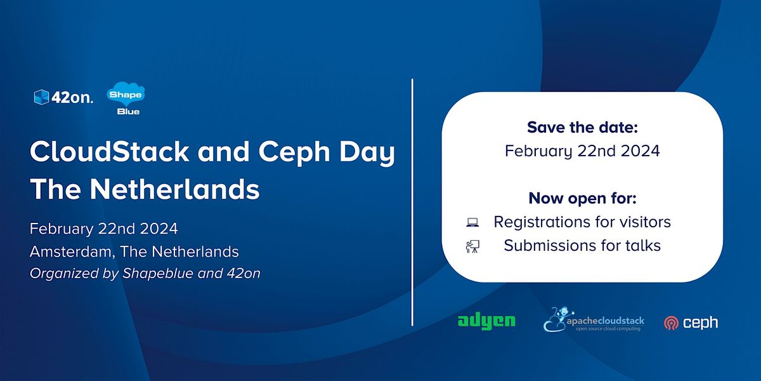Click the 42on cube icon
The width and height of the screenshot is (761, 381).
(x=41, y=97)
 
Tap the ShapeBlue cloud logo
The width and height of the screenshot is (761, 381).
(x=126, y=98)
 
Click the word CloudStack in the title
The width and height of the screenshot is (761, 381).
(x=109, y=151)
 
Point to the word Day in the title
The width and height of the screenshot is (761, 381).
(x=367, y=154)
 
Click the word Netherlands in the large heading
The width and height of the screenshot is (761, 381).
(x=174, y=189)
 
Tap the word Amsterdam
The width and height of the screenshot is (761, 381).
(x=70, y=252)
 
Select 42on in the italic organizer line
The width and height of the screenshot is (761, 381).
(x=244, y=274)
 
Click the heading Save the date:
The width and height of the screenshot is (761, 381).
(x=582, y=128)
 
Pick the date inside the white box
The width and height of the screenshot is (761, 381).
(x=582, y=151)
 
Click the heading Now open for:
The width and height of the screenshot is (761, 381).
(x=582, y=198)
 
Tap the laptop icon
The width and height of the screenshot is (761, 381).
(x=472, y=222)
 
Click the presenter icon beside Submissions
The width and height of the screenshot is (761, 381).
(x=472, y=246)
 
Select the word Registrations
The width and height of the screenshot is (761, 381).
(x=542, y=222)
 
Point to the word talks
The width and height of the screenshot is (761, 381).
(x=643, y=246)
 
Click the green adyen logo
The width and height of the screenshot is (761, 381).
(x=486, y=321)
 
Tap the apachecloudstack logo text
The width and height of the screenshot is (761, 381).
(x=605, y=321)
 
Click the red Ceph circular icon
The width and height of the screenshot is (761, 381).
(x=672, y=323)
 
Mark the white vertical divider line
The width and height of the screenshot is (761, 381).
(x=412, y=203)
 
